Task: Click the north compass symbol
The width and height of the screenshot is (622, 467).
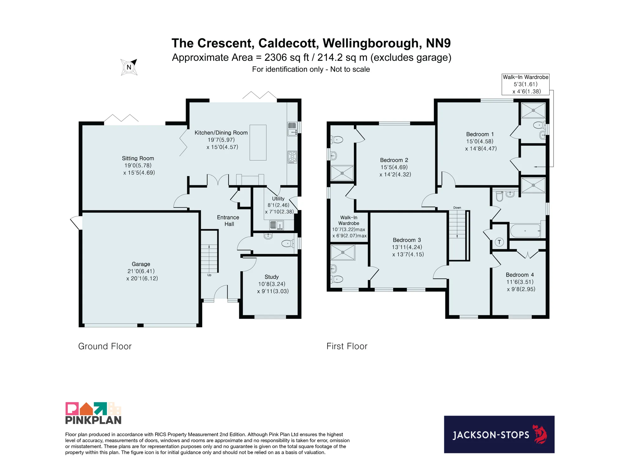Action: pyautogui.click(x=129, y=67)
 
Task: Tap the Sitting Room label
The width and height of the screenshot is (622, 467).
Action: pyautogui.click(x=138, y=158)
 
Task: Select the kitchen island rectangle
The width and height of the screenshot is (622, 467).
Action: pyautogui.click(x=258, y=142)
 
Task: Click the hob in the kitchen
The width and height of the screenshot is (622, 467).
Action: pyautogui.click(x=292, y=157)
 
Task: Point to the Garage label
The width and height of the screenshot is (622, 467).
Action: pyautogui.click(x=141, y=264)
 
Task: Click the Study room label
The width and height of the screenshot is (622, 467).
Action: pyautogui.click(x=272, y=277)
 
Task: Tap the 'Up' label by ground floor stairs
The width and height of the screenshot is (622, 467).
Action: pyautogui.click(x=209, y=275)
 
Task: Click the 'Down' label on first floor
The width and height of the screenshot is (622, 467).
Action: pyautogui.click(x=457, y=208)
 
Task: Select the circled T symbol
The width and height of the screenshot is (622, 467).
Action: pyautogui.click(x=499, y=242)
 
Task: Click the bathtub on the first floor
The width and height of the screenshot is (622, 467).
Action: pyautogui.click(x=525, y=231)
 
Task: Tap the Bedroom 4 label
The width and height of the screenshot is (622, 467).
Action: pyautogui.click(x=520, y=275)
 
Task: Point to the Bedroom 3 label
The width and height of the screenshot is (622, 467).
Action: pyautogui.click(x=407, y=240)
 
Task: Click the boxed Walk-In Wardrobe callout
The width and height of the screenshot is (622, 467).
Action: pyautogui.click(x=526, y=84)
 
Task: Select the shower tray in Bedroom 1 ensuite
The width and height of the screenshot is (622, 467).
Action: pyautogui.click(x=533, y=110)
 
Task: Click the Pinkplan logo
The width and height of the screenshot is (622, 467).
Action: pyautogui.click(x=93, y=413)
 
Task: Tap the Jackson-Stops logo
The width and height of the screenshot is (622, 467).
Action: pyautogui.click(x=499, y=434)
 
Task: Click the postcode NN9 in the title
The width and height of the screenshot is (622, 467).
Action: pyautogui.click(x=438, y=43)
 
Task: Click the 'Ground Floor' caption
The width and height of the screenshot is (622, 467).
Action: pyautogui.click(x=105, y=346)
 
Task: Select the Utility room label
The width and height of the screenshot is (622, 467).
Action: pyautogui.click(x=278, y=198)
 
